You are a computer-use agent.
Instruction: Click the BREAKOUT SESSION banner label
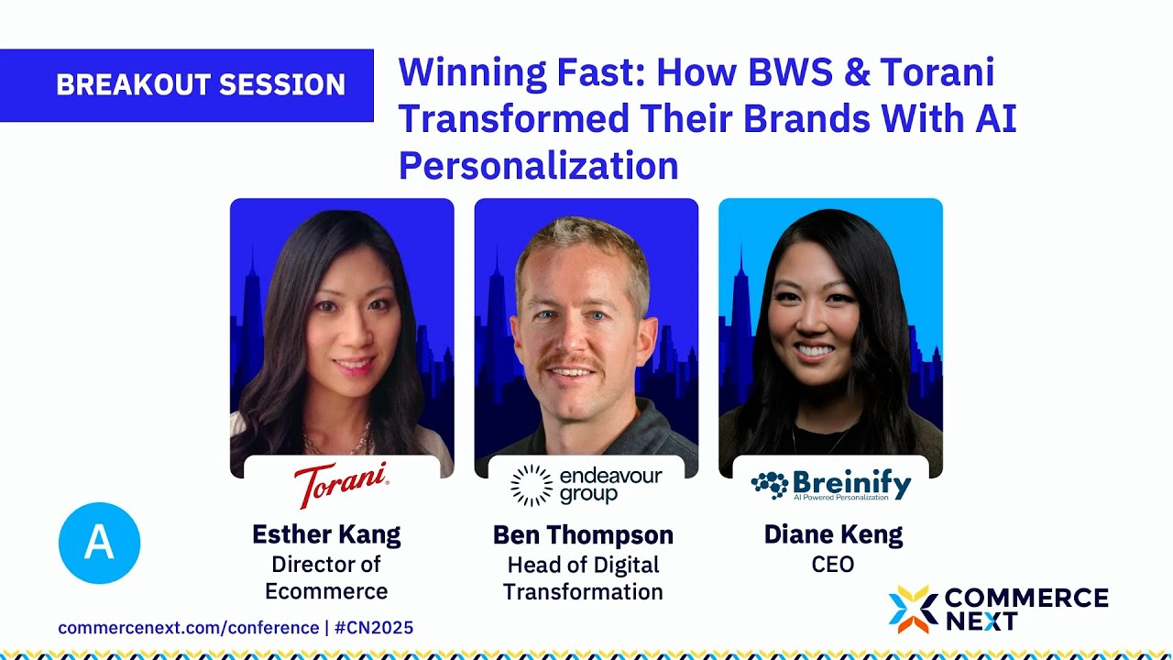[x=201, y=85]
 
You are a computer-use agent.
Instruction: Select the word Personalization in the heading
[x=538, y=166]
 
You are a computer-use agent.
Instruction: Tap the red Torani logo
[x=341, y=484]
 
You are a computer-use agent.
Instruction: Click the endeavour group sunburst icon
[x=532, y=485]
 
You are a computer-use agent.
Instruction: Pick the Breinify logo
[x=830, y=485]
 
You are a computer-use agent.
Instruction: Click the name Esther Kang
[x=326, y=534]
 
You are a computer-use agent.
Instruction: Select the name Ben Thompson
[x=583, y=535]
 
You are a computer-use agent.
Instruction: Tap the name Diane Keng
[x=832, y=534]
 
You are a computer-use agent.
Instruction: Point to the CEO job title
[x=832, y=565]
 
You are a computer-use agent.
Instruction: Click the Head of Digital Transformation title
[x=583, y=578]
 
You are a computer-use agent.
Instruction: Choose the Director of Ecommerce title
[x=326, y=577]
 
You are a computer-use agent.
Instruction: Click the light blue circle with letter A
[x=99, y=544]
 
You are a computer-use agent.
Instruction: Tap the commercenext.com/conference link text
[x=188, y=628]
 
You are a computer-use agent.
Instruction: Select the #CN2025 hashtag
[x=374, y=628]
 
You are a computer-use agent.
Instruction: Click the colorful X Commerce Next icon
[x=913, y=610]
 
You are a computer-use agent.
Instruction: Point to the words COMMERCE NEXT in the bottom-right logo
[x=1025, y=610]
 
